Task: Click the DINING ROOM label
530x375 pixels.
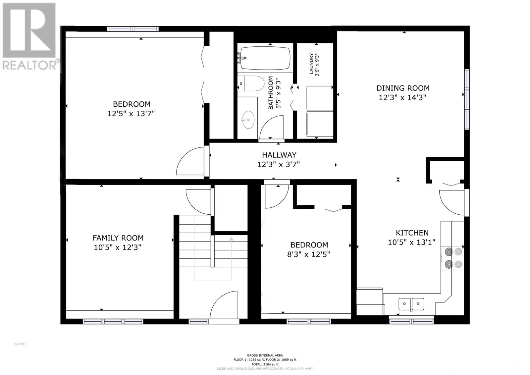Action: [x=402, y=88]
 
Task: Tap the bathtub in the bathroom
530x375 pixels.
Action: [x=265, y=58]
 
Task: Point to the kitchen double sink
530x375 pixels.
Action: [x=411, y=303]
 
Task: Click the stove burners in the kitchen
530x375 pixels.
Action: [x=453, y=258]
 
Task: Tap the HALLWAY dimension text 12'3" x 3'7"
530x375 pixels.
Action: [x=279, y=164]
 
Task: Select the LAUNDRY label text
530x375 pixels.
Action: [x=311, y=64]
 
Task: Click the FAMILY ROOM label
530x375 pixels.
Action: [x=118, y=238]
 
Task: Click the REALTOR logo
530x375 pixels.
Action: [x=30, y=36]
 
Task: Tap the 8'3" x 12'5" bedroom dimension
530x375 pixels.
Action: [x=309, y=254]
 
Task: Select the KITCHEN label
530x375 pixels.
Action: [x=412, y=233]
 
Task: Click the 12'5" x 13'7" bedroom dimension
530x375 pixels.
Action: [x=131, y=114]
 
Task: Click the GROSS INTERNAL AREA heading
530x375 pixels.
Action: [x=265, y=355]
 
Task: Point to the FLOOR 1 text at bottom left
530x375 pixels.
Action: [x=20, y=344]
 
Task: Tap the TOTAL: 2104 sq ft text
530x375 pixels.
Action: [x=265, y=364]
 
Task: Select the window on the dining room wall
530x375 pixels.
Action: [x=467, y=99]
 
